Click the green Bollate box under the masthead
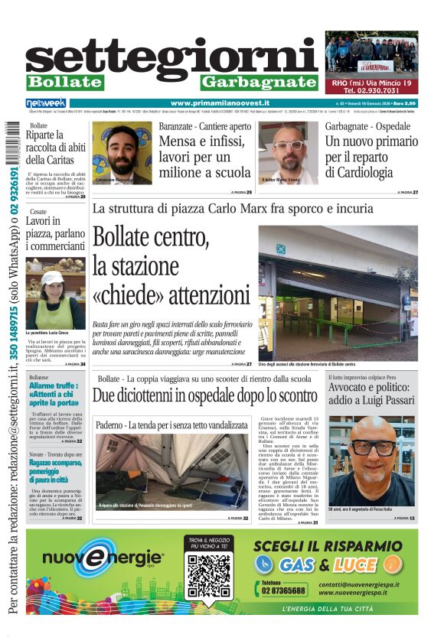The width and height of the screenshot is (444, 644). (x=64, y=82)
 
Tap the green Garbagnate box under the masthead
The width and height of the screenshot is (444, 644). (x=259, y=82)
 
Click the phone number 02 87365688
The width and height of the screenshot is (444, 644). (x=284, y=590)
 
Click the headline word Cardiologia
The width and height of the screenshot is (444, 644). (x=359, y=172)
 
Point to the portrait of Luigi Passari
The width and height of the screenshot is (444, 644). (x=372, y=460)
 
